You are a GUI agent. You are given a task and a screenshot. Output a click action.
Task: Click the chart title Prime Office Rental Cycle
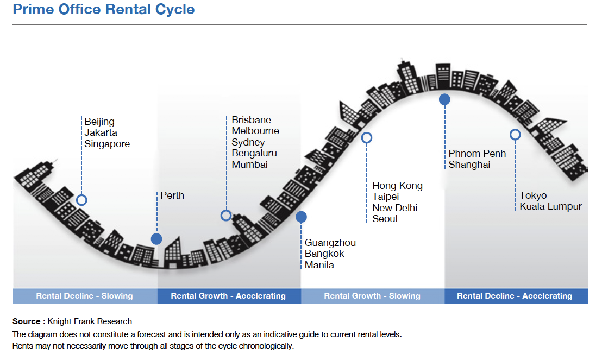click(104, 10)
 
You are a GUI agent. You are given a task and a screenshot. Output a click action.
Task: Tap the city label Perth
click(172, 195)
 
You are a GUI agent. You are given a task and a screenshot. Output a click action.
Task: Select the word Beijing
click(99, 122)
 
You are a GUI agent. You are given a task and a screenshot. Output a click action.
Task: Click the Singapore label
click(107, 144)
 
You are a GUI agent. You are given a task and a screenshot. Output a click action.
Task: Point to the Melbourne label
click(255, 131)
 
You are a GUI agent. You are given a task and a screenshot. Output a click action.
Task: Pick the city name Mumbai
click(249, 165)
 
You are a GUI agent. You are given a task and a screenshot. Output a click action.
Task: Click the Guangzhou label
click(330, 243)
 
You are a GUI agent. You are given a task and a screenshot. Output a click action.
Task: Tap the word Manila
click(319, 265)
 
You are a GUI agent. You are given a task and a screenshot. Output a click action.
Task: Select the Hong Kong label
click(397, 186)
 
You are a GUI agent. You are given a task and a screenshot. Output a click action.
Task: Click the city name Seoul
click(385, 219)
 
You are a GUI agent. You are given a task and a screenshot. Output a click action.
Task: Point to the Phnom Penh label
click(477, 154)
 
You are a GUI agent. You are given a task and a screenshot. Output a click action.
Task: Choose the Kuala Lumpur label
click(550, 207)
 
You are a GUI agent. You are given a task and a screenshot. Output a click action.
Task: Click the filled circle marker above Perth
click(156, 239)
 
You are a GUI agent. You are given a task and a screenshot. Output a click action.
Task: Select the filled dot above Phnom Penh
click(444, 99)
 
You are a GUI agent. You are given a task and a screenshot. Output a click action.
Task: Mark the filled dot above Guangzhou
click(301, 217)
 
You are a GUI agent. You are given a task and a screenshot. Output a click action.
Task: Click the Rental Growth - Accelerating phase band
click(229, 296)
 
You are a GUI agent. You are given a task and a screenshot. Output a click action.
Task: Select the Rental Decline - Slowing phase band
click(85, 296)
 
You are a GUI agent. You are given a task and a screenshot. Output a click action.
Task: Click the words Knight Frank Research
click(90, 321)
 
